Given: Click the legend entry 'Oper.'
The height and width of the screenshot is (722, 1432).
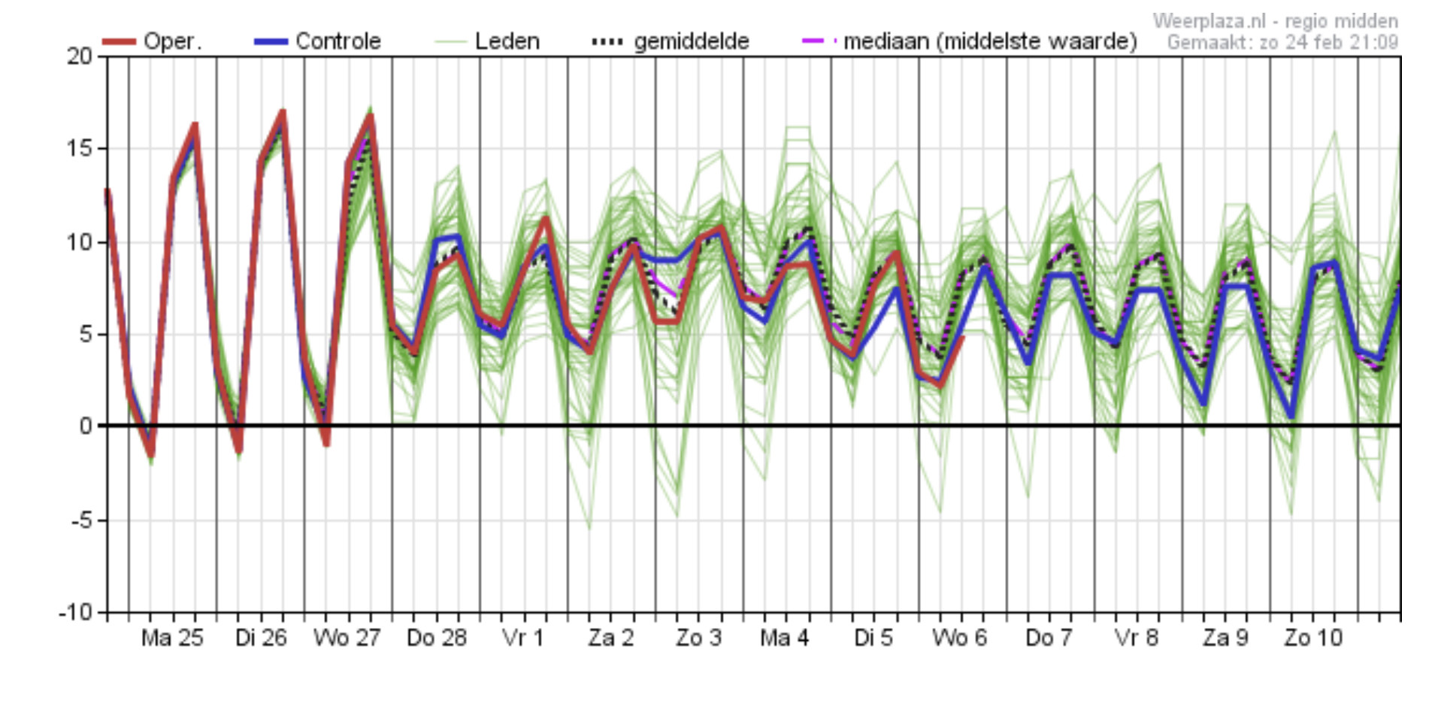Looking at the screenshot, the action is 172,41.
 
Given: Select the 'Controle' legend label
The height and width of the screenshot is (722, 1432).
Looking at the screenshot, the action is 338,41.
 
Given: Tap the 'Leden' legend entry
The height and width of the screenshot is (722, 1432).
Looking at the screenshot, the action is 507,41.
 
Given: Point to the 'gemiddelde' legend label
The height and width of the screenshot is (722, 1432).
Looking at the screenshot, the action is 692,41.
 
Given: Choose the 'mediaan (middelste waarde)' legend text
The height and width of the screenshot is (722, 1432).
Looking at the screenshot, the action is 990,41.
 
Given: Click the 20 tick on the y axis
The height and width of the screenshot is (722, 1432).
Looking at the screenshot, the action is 79,56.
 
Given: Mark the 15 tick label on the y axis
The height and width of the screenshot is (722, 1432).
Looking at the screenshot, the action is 79,149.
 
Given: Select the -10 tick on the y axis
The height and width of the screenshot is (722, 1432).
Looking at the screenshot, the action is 75,612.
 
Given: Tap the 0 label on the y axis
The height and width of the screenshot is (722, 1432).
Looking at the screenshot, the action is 86,426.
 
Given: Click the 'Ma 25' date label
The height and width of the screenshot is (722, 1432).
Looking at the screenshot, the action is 172,638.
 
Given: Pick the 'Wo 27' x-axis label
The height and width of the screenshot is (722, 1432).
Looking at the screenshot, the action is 347,638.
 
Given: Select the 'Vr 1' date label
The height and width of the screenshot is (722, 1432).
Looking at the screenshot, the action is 522,638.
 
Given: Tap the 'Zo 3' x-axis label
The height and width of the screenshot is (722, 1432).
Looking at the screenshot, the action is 698,638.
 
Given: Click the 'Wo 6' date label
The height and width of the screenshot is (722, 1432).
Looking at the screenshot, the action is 959,638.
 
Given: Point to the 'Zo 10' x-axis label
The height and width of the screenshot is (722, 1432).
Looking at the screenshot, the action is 1313,638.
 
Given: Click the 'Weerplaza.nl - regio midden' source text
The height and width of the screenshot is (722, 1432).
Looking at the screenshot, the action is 1276,21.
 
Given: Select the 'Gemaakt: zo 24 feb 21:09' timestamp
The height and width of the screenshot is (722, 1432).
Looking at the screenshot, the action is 1282,42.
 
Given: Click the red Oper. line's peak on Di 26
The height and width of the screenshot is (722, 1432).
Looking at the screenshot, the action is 283,113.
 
